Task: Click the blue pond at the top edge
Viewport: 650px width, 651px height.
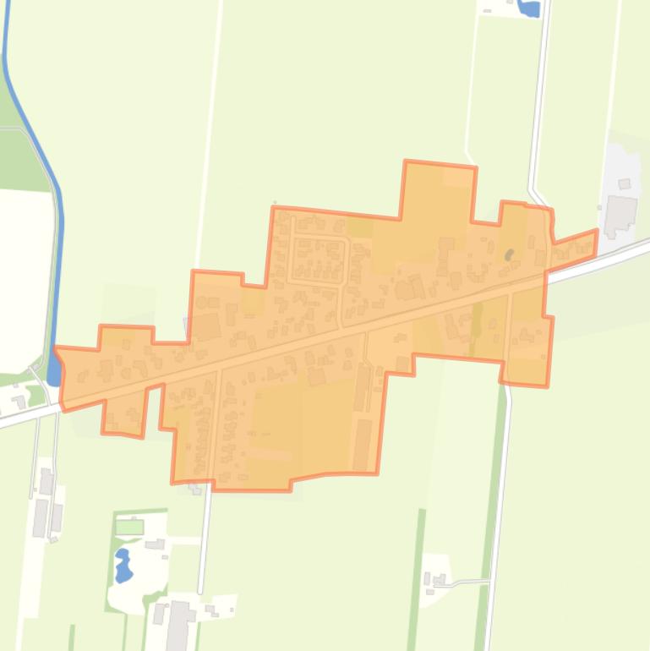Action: (x=529, y=8)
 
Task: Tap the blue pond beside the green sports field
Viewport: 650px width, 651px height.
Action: (x=123, y=565)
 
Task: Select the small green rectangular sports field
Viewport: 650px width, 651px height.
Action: (x=129, y=527)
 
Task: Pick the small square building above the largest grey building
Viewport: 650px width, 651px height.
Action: (x=625, y=183)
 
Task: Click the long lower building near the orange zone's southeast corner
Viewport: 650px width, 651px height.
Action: (x=362, y=444)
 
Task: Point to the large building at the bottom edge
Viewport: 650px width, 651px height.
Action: (x=178, y=626)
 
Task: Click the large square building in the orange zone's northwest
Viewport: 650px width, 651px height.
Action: (x=208, y=326)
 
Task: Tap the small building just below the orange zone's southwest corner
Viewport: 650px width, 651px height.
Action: (x=196, y=488)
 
